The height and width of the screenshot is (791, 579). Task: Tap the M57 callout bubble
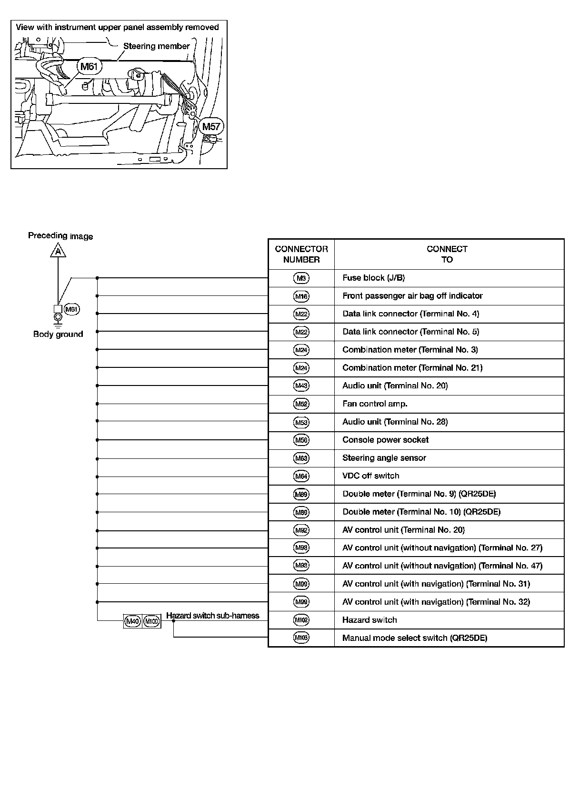tap(211, 126)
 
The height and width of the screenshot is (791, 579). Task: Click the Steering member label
tap(156, 46)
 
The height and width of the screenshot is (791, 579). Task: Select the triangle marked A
tap(58, 251)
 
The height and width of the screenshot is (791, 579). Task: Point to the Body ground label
tap(58, 334)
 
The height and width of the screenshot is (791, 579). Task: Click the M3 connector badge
tap(301, 278)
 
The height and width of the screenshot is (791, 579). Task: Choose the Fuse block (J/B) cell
tap(373, 278)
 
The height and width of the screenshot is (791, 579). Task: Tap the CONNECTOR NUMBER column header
tap(301, 254)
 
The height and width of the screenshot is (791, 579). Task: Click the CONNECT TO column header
tap(447, 254)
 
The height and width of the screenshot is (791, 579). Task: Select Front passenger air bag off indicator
tap(412, 296)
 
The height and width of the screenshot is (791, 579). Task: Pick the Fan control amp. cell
tap(375, 404)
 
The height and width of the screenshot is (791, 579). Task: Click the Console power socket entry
tap(385, 440)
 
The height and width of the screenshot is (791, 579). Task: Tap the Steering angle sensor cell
tap(384, 458)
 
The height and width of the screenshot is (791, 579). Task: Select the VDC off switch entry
tap(370, 476)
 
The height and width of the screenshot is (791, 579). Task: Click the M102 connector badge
tap(301, 620)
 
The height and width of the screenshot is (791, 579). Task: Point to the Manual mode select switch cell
tap(415, 638)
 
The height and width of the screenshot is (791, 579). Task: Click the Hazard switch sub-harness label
tap(212, 616)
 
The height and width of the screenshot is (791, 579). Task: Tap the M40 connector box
tap(132, 621)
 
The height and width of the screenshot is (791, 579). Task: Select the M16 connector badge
tap(301, 296)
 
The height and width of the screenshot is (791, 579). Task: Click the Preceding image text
tap(60, 236)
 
